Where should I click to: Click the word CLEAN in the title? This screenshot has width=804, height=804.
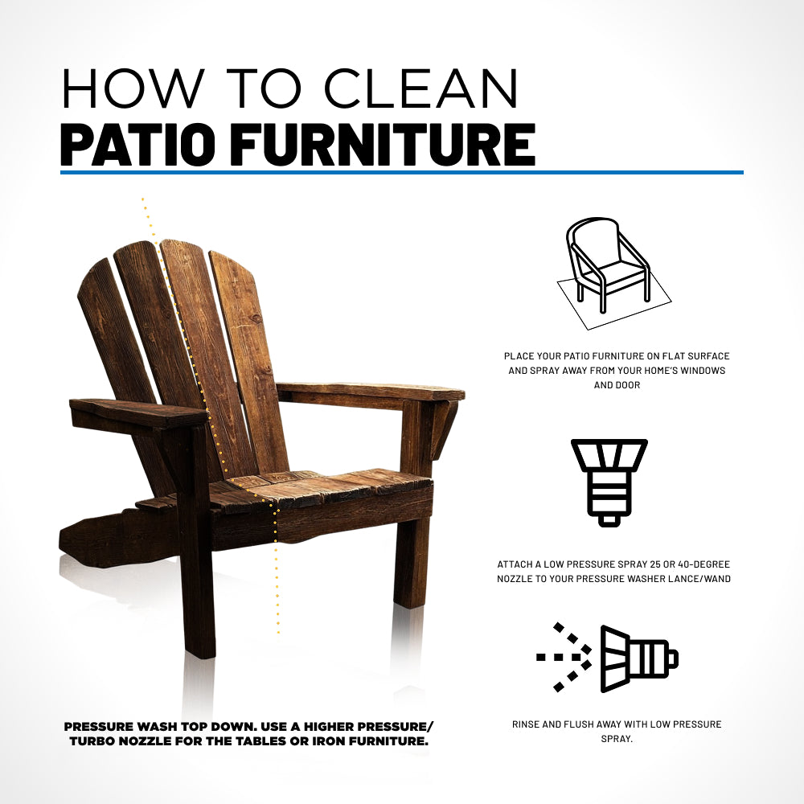pos(421,88)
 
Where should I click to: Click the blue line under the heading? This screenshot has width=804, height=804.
pos(402,172)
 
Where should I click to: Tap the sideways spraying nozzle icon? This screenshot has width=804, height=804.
pos(608,658)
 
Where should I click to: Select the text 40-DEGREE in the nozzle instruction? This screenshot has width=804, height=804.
pos(703,564)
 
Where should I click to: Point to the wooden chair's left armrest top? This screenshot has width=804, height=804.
pos(138,411)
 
